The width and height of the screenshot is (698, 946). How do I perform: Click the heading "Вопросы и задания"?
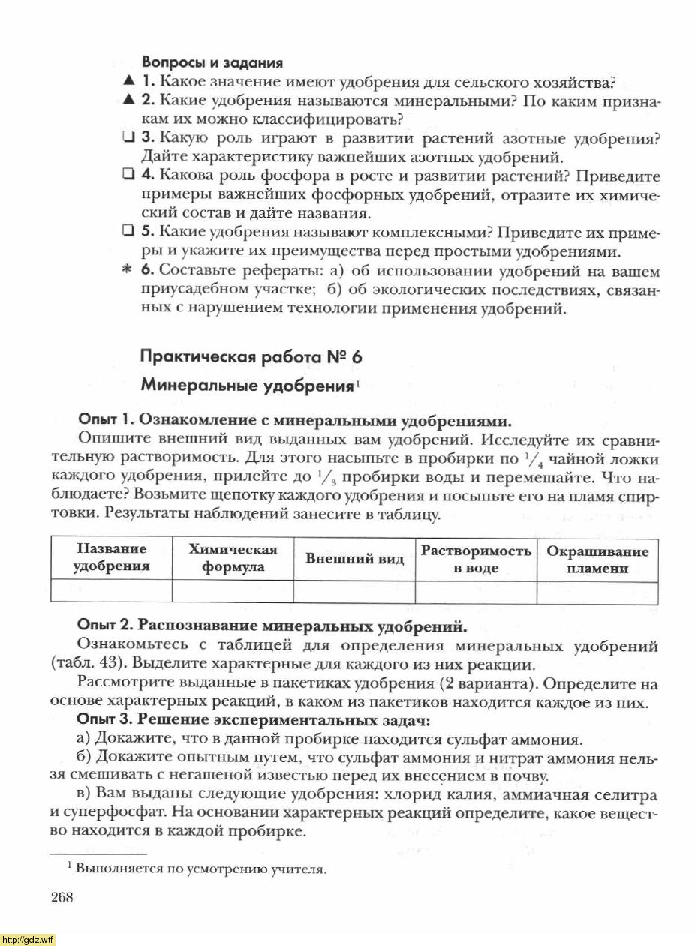coord(212,63)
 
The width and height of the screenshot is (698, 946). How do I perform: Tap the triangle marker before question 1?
coord(129,81)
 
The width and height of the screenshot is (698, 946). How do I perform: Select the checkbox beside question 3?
coord(128,139)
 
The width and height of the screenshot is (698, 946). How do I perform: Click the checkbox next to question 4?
coord(128,176)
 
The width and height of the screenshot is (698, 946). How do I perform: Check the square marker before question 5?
coord(128,231)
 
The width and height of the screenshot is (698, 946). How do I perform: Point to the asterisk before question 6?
coord(128,271)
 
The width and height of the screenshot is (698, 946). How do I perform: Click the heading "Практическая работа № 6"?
coord(251,357)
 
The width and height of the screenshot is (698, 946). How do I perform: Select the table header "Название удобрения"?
coord(111,558)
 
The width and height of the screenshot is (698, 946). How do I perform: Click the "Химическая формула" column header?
coord(233,558)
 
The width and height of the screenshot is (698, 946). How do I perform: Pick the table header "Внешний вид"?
coord(354,559)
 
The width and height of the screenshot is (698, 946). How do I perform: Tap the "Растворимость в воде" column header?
coord(476,559)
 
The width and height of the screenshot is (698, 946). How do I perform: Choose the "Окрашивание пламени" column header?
coord(597,559)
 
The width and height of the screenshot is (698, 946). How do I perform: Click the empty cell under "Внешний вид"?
coord(354,592)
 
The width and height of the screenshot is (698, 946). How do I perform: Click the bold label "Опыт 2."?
coord(106,626)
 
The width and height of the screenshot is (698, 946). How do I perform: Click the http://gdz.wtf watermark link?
coord(28,939)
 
